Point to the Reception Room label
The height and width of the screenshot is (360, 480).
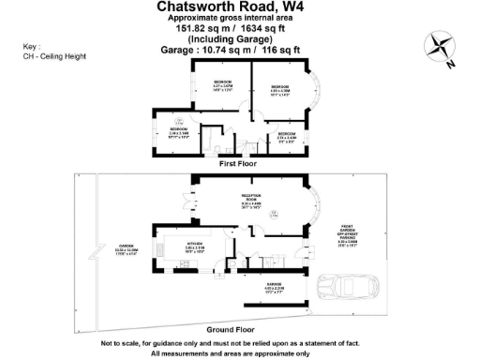point(250,201)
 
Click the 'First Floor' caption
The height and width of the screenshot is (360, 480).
point(239,163)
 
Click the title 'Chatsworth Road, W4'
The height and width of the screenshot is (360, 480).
point(240,7)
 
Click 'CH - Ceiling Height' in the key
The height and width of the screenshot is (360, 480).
point(54,56)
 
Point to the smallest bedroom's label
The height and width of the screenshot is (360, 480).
point(287,136)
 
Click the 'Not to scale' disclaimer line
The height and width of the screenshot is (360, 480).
point(240,343)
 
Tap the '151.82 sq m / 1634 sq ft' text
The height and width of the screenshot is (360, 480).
point(240,29)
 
